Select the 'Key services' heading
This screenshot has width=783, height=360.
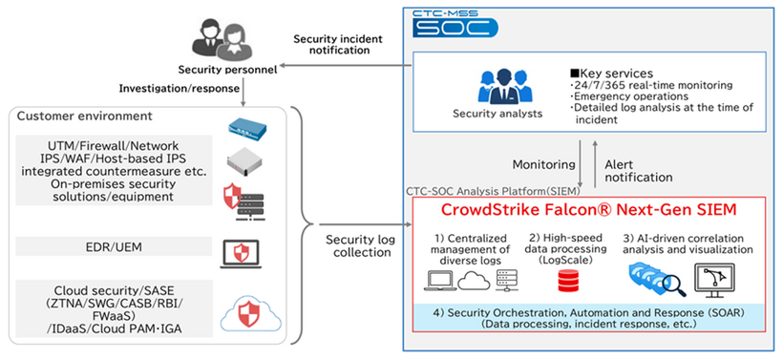[611, 73]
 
